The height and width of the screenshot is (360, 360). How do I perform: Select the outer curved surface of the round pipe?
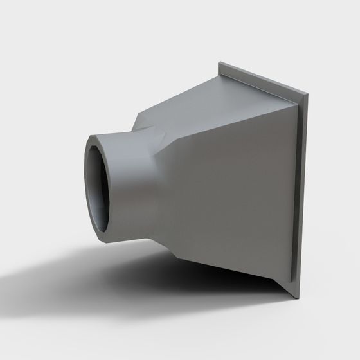tap(132, 186)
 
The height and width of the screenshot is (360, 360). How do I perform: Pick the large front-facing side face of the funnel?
tap(231, 193)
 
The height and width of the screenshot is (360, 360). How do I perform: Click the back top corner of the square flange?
tap(220, 62)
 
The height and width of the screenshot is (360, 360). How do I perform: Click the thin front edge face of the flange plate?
tap(301, 193)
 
